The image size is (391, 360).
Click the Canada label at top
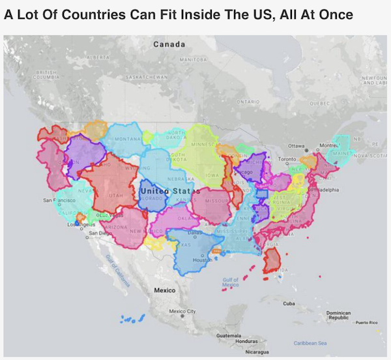[x=169, y=44]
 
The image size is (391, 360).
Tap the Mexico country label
[x=164, y=289]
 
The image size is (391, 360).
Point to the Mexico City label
[x=182, y=312]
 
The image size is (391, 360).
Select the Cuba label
[x=289, y=303]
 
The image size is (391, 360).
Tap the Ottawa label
[x=297, y=146]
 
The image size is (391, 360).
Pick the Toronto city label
[x=287, y=159]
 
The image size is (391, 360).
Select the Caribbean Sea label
[x=310, y=343]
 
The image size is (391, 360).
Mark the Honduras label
[x=247, y=341]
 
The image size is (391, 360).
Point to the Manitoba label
[x=193, y=59]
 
